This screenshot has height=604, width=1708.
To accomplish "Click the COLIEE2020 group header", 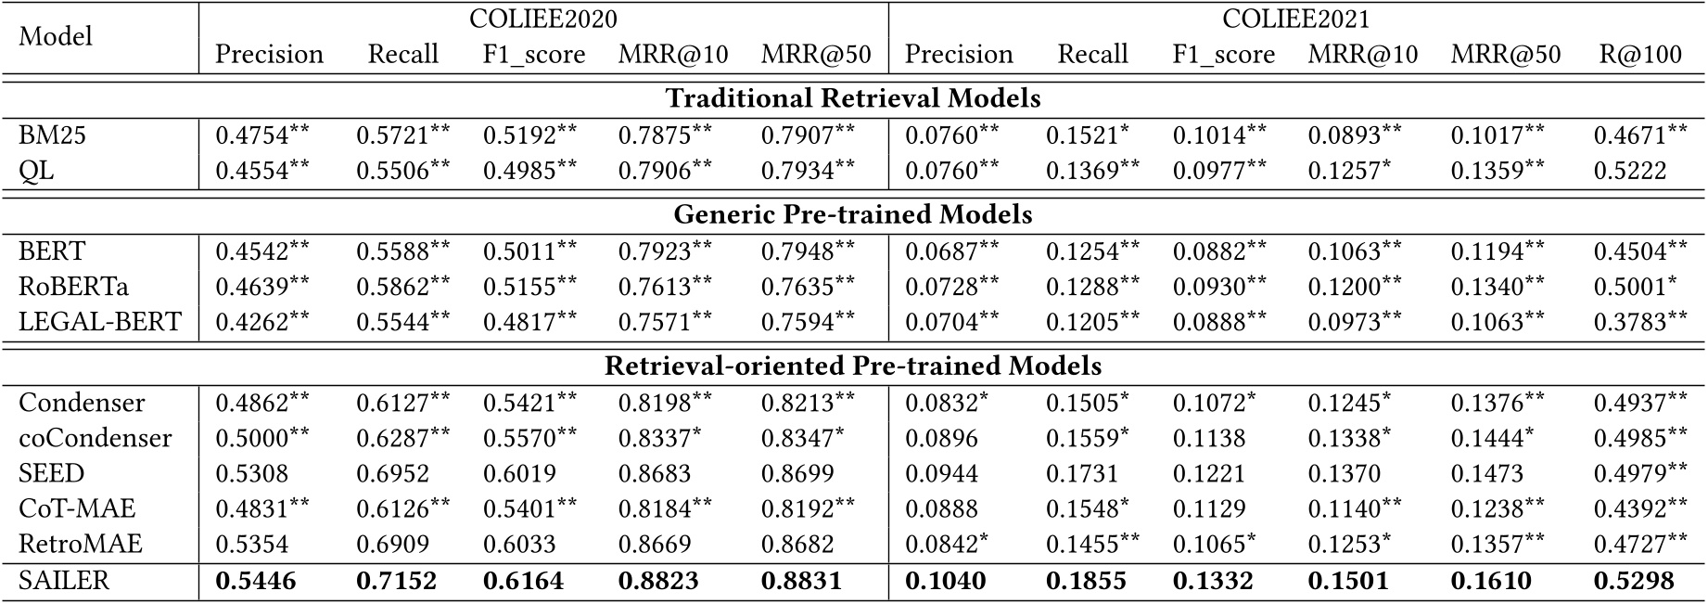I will pos(543,19).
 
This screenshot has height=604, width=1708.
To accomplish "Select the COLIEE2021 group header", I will pos(1295,19).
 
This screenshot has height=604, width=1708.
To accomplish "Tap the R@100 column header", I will pos(1638,55).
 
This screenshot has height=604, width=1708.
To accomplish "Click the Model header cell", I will pos(56,36).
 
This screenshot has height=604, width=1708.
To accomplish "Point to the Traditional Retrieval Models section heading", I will pos(853,98).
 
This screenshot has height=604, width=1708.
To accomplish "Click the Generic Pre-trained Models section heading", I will pos(853,215).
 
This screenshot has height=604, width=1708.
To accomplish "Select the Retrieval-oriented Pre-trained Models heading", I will pos(853,366).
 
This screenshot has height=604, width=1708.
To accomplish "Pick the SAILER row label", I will pos(64,581).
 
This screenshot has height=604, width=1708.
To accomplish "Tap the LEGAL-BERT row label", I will pos(100,322).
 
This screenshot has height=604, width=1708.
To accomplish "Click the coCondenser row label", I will pos(96,438).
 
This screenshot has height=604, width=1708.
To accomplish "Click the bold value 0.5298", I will pos(1634,582).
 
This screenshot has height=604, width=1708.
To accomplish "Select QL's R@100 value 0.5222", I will pos(1629,171).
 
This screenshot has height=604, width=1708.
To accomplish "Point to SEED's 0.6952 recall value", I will pos(393,474).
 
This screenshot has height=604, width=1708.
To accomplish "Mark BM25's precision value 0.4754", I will pos(253,135).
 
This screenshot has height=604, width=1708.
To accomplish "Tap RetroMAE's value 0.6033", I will pos(519,545).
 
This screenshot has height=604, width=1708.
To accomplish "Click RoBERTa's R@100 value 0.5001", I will pos(1629,287).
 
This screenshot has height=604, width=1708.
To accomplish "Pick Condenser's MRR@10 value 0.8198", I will pos(656,404).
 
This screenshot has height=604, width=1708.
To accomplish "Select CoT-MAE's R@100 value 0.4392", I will pos(1629,509).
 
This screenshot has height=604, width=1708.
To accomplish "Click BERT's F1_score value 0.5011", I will pos(519,251).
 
